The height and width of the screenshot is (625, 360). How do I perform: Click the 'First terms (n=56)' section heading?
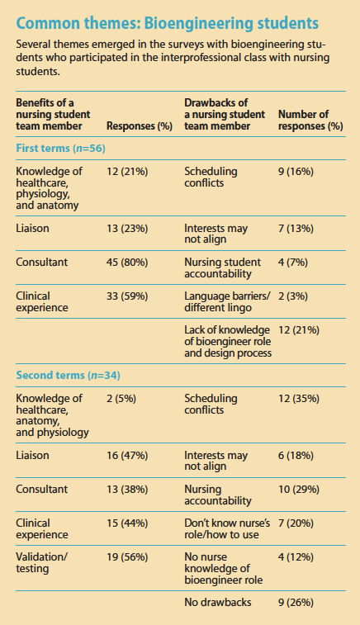coord(60,147)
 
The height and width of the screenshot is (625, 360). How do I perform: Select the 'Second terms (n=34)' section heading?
coord(67,376)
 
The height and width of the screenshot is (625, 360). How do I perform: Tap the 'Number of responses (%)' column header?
coord(310,120)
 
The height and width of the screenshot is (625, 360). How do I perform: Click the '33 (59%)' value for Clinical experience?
coord(128,295)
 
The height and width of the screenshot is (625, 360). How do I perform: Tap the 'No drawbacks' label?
coord(218,603)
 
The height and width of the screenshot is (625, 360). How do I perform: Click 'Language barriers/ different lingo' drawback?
coord(223,301)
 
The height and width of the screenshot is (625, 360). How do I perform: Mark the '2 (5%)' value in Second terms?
coord(122,400)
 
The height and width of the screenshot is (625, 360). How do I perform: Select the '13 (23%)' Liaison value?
coord(128,227)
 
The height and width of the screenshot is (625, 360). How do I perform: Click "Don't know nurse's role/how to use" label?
coord(225,528)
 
